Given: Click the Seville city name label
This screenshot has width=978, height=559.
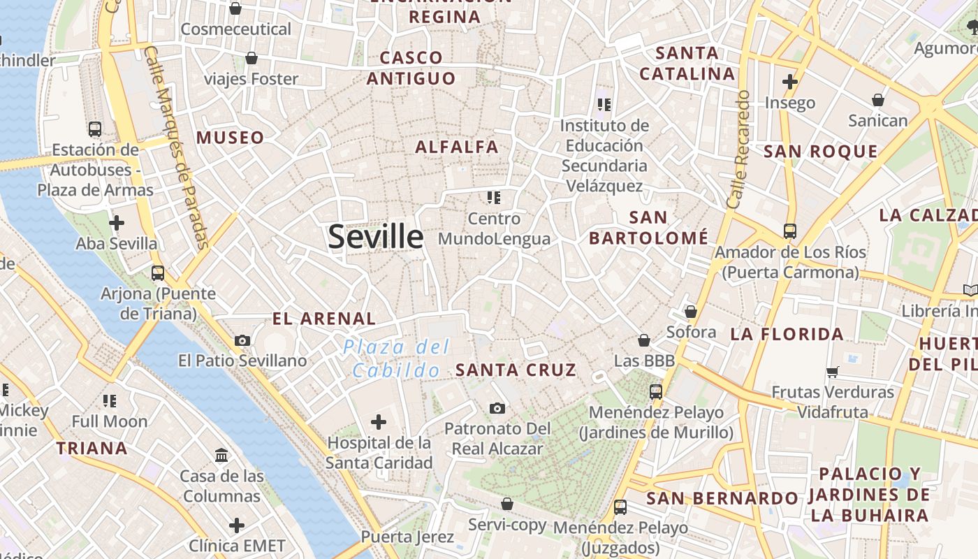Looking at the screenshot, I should tap(376, 237).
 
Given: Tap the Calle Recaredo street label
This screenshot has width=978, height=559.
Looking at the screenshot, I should tap(738, 149).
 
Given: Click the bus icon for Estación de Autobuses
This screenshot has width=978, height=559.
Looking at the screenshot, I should tap(95, 129).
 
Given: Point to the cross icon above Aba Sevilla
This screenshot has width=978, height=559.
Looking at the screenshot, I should tap(117, 223).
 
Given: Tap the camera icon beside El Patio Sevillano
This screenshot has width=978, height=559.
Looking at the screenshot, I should tap(242, 340).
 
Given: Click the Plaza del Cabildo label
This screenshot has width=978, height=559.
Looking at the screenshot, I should tap(396, 358).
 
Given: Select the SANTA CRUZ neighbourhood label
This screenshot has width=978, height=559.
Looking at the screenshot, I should tap(516, 370).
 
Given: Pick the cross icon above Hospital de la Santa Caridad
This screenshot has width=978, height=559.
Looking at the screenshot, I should tap(379, 421).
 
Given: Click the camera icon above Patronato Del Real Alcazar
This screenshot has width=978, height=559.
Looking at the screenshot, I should tap(497, 408).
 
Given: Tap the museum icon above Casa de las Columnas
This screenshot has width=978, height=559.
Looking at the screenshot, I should tap(221, 455).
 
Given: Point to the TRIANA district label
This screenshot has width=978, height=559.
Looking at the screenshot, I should tap(92, 448).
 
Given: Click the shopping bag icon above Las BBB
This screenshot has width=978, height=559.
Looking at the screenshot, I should tap(644, 340).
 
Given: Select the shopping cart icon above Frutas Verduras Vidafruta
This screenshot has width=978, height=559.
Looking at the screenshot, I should tap(832, 372).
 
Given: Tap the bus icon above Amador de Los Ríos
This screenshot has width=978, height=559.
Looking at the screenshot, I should tap(790, 231).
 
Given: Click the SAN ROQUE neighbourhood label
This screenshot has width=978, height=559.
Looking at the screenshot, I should tap(820, 152).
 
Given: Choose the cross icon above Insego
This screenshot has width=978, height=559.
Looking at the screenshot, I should tap(790, 82).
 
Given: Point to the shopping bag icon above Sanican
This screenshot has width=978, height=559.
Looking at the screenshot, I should tap(878, 100).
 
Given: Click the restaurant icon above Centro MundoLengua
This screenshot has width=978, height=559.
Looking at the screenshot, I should tap(494, 198).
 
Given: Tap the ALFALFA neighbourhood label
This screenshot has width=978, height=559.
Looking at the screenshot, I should tap(457, 147).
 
